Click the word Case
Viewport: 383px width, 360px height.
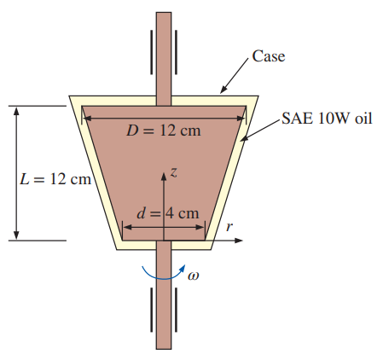click(x=269, y=56)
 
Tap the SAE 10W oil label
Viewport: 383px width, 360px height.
click(x=327, y=118)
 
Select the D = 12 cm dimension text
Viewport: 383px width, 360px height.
click(x=164, y=131)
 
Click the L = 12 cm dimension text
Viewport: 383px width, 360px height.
click(x=55, y=179)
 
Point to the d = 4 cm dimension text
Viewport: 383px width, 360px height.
click(x=168, y=213)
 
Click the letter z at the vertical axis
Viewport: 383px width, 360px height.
click(x=174, y=172)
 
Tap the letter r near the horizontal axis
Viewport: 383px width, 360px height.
click(x=229, y=227)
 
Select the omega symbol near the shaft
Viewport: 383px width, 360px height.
click(x=194, y=276)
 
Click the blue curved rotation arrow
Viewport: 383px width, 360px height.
click(x=164, y=277)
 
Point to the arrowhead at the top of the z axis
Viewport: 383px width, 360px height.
click(x=164, y=176)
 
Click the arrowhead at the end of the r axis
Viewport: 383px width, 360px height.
click(x=239, y=241)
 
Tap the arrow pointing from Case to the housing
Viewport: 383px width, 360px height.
click(x=235, y=76)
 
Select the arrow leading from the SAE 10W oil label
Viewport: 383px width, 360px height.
click(x=261, y=130)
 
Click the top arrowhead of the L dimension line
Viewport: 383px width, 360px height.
click(x=16, y=111)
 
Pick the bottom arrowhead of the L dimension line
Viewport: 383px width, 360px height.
click(x=16, y=235)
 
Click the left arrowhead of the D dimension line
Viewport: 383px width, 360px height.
click(x=87, y=118)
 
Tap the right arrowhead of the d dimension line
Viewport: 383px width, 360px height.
click(x=200, y=227)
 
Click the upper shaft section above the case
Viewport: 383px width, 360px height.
click(x=164, y=54)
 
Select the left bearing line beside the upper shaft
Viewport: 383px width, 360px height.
click(x=152, y=52)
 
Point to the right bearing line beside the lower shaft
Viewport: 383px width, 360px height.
click(x=176, y=310)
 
